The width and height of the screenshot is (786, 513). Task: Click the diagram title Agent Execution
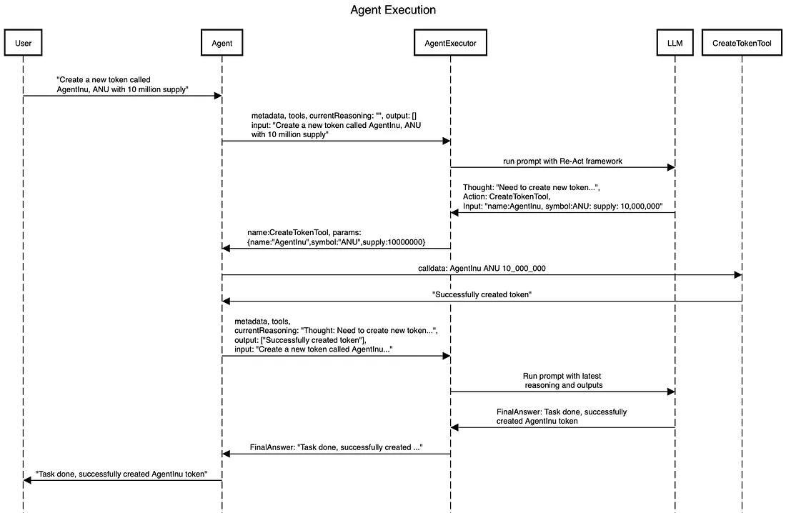[392, 10]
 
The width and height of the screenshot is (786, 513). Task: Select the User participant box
[23, 44]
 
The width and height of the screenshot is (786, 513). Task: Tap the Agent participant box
[222, 44]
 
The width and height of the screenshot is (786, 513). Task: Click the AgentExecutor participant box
[450, 44]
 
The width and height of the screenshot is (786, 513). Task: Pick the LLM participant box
[675, 44]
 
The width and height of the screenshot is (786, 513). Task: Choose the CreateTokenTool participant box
[742, 44]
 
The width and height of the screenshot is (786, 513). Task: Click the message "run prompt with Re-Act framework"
[562, 161]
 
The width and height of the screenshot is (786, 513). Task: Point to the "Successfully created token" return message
[482, 294]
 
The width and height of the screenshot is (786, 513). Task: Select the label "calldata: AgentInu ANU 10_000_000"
[482, 268]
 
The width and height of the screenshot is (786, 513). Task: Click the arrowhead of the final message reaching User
[28, 481]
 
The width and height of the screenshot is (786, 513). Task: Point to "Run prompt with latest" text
[562, 376]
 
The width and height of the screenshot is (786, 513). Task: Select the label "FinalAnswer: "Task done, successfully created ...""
[336, 447]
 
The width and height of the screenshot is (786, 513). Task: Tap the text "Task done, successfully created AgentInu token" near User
[121, 474]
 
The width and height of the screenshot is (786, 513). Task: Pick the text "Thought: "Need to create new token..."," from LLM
[531, 187]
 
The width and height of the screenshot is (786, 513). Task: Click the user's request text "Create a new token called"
[104, 80]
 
